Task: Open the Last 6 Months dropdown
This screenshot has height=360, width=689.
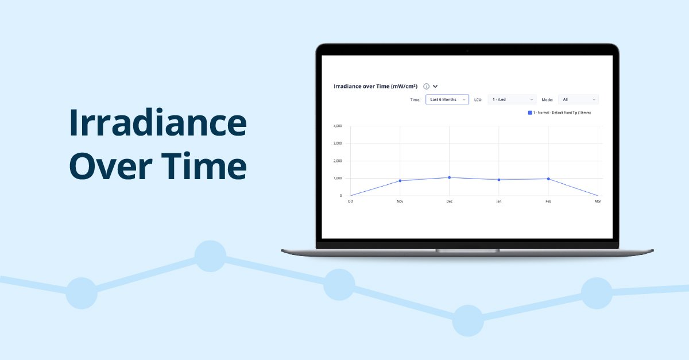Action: [447, 99]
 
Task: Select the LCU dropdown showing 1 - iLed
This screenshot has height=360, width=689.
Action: [512, 99]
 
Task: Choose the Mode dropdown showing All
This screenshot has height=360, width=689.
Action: [578, 99]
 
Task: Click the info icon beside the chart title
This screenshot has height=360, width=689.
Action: [426, 86]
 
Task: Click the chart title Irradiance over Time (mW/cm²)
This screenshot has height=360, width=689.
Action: [376, 86]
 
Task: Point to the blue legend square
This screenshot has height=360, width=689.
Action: [530, 113]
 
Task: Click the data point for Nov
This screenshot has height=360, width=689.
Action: [400, 181]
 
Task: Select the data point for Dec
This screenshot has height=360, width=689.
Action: [450, 177]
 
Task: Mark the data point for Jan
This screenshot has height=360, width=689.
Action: [499, 180]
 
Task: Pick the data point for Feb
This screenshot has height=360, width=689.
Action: [548, 179]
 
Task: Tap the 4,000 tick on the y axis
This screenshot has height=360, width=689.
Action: [338, 126]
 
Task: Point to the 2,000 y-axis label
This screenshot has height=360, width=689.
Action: [338, 161]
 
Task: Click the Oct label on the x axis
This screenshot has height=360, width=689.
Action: [350, 202]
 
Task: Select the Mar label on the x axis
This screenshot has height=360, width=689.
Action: [597, 202]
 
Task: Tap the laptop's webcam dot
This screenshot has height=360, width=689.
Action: [467, 51]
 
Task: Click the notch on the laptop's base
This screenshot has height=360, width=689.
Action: [467, 250]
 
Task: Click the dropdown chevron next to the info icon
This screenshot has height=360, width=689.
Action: [435, 86]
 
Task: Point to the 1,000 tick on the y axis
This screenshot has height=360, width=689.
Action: [338, 178]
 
